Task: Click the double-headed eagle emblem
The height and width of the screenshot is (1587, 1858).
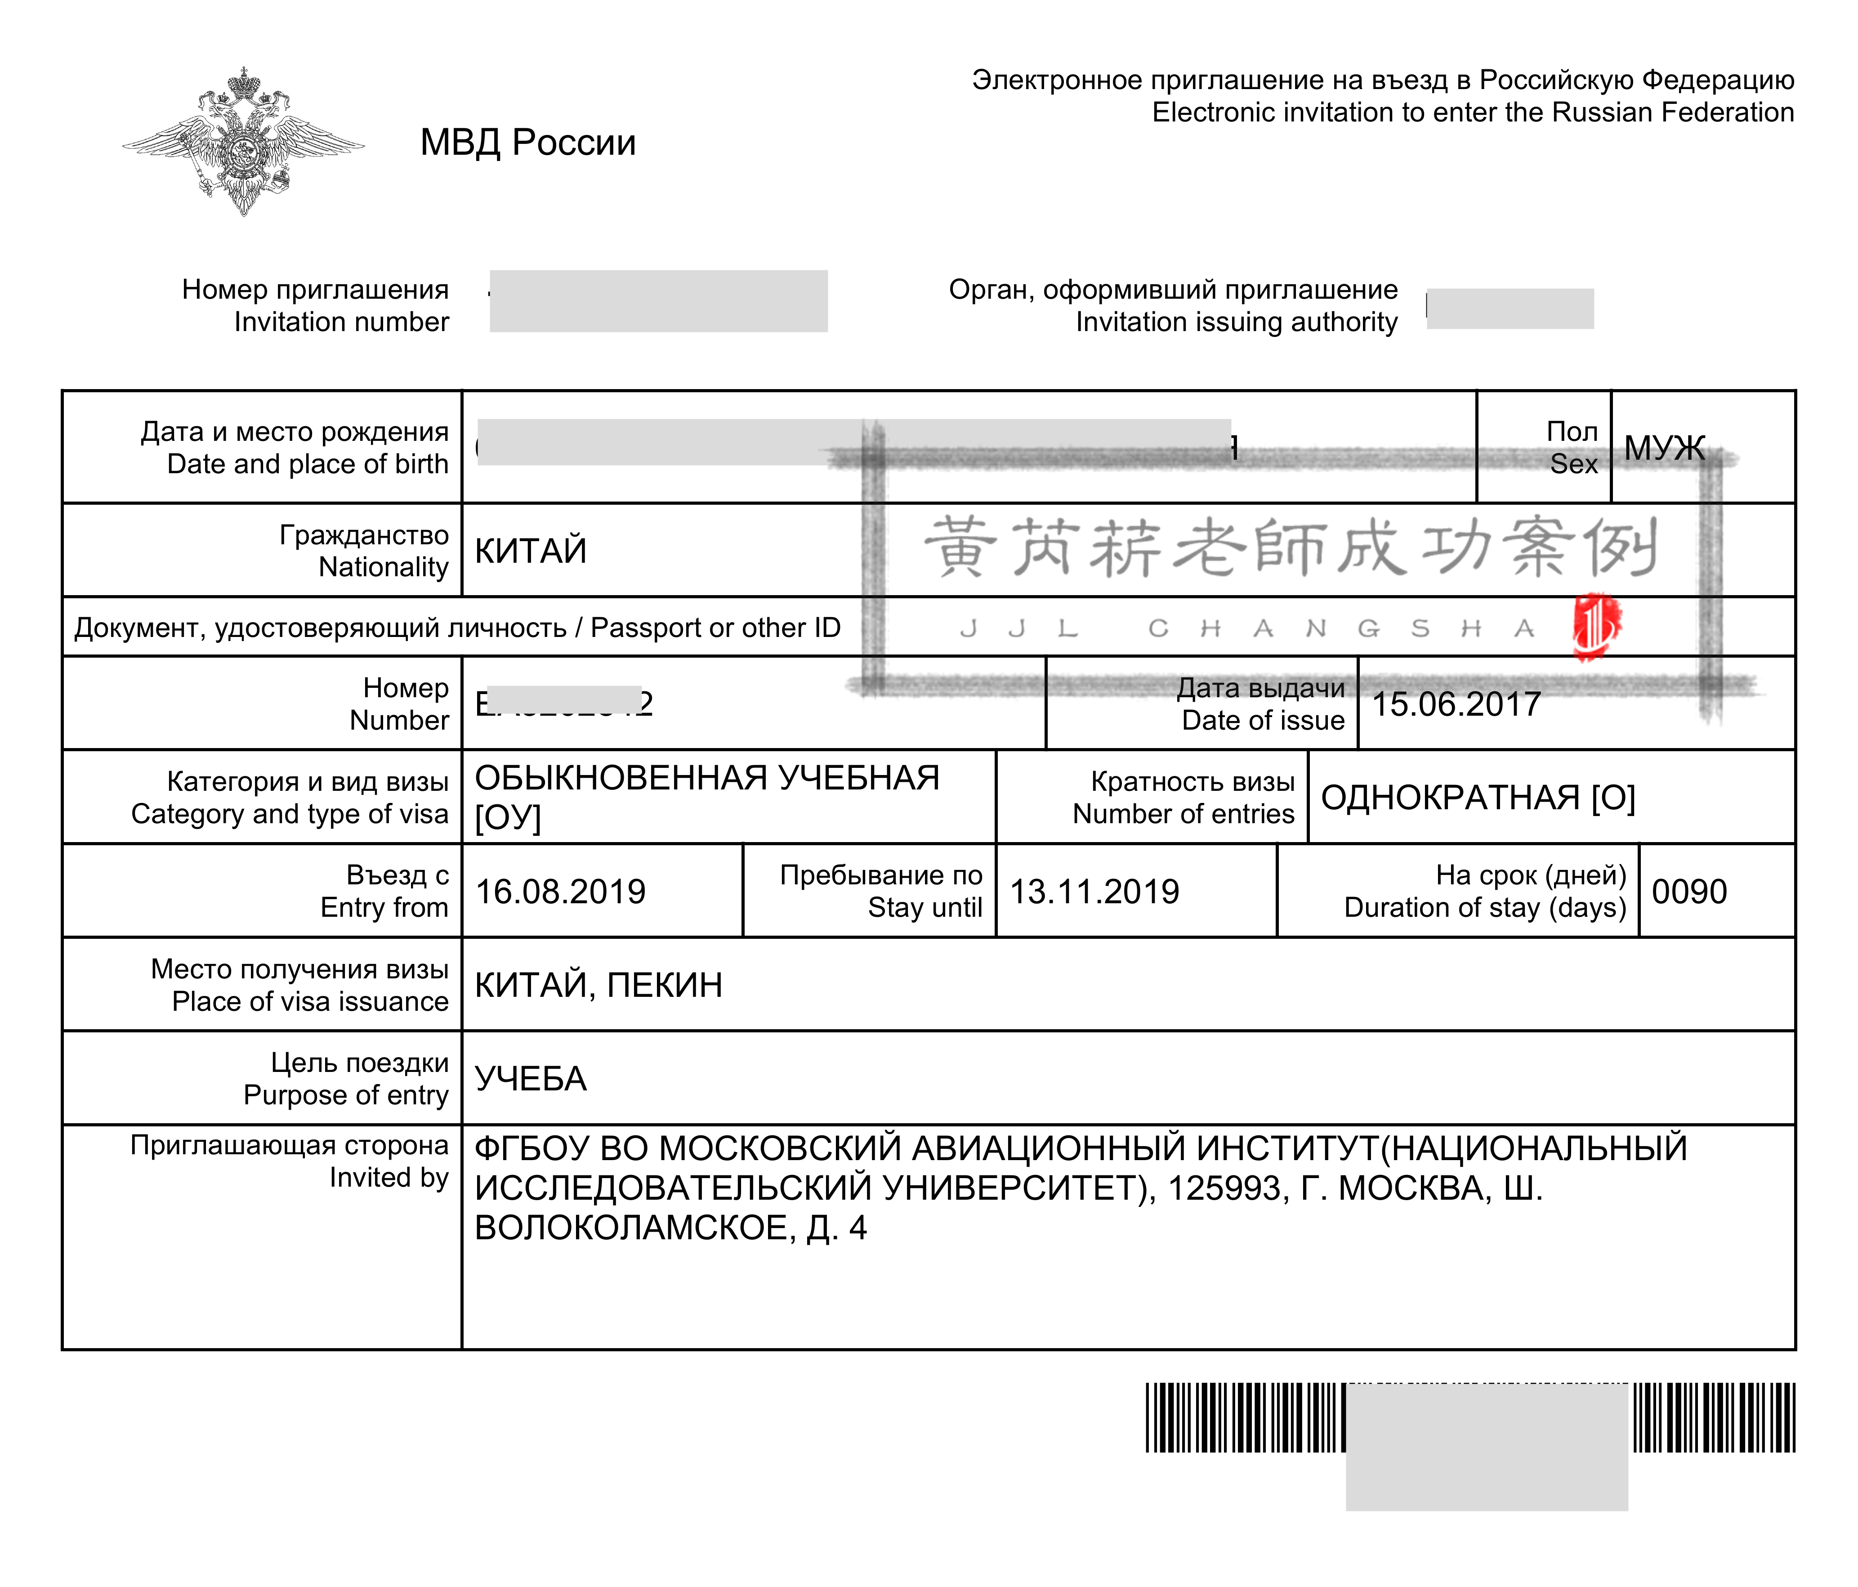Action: tap(243, 142)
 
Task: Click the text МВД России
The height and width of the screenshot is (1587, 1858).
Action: tap(528, 143)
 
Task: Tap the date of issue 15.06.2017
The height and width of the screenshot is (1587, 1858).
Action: tap(1456, 704)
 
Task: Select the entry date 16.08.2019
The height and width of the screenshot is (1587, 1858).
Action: tap(560, 892)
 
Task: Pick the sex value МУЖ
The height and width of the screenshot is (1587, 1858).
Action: tap(1664, 448)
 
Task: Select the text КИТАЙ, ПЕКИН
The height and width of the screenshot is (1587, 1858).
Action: tap(598, 985)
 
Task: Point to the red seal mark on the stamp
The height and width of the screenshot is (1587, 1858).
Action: tap(1596, 625)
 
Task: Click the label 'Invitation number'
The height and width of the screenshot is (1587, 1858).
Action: tap(342, 322)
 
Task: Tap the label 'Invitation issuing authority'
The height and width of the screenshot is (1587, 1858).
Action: tap(1237, 322)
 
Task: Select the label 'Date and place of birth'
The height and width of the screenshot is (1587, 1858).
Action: tap(308, 464)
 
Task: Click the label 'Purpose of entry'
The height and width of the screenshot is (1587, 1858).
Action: tap(346, 1095)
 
